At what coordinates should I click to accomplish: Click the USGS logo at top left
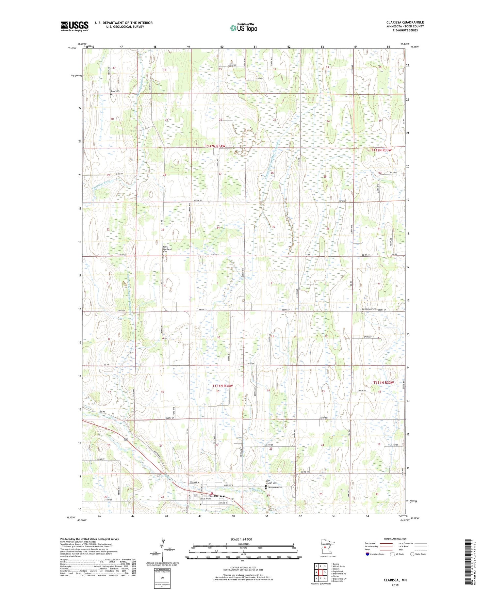point(74,26)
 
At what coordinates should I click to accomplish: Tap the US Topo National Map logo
point(243,28)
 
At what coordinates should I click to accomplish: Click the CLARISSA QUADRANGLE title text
point(405,22)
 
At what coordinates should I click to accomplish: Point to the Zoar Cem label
point(115,91)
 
